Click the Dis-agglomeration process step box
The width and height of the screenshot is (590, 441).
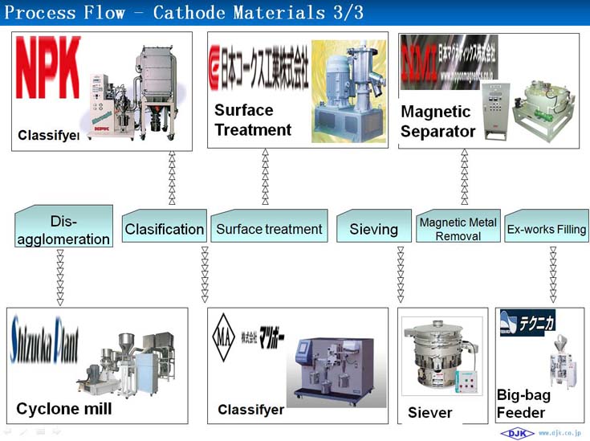coord(63,228)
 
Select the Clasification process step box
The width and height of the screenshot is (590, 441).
coord(164,229)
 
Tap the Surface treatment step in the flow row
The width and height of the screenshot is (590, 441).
coord(269,229)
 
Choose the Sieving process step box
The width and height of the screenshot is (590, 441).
coord(373,229)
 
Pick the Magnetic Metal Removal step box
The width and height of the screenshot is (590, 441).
coord(458,229)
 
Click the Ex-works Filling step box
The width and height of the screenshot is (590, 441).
coord(546,229)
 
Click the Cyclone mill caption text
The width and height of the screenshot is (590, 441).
coord(64,409)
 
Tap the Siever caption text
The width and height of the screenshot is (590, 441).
coord(430,413)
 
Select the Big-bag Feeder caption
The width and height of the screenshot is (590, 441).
coord(523,405)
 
